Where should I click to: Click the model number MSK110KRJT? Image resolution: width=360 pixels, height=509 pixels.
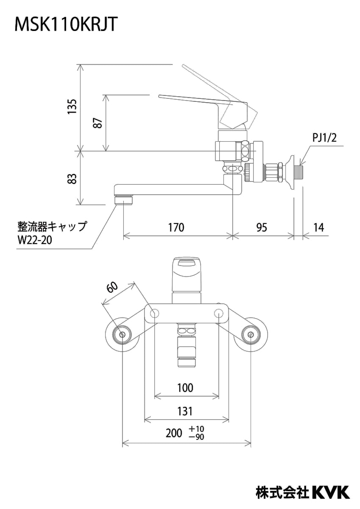pyautogui.click(x=66, y=25)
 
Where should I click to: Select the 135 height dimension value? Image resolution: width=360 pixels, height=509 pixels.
pyautogui.click(x=73, y=107)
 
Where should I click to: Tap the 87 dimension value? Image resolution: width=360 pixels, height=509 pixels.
pyautogui.click(x=98, y=123)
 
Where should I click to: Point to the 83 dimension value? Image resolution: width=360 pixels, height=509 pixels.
pyautogui.click(x=73, y=178)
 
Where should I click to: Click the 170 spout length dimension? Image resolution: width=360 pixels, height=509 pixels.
pyautogui.click(x=176, y=227)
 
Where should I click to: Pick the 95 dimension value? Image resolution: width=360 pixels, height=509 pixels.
pyautogui.click(x=262, y=227)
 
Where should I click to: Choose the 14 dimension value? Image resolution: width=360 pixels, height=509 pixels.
pyautogui.click(x=319, y=227)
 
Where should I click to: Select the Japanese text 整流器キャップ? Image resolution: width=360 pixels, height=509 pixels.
pyautogui.click(x=52, y=225)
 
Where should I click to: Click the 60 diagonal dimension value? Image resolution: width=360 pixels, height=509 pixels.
pyautogui.click(x=112, y=287)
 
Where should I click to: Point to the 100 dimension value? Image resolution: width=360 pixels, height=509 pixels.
pyautogui.click(x=185, y=387)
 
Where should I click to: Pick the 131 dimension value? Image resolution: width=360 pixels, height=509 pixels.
pyautogui.click(x=185, y=411)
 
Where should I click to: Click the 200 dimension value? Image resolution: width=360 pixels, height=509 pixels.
pyautogui.click(x=173, y=433)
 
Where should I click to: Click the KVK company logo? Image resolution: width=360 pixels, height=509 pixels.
pyautogui.click(x=331, y=492)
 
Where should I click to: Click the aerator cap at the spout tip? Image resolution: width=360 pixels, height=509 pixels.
pyautogui.click(x=123, y=198)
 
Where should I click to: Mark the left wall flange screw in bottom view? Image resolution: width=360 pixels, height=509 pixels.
pyautogui.click(x=122, y=335)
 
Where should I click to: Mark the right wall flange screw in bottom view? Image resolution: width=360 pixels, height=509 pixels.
pyautogui.click(x=251, y=335)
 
